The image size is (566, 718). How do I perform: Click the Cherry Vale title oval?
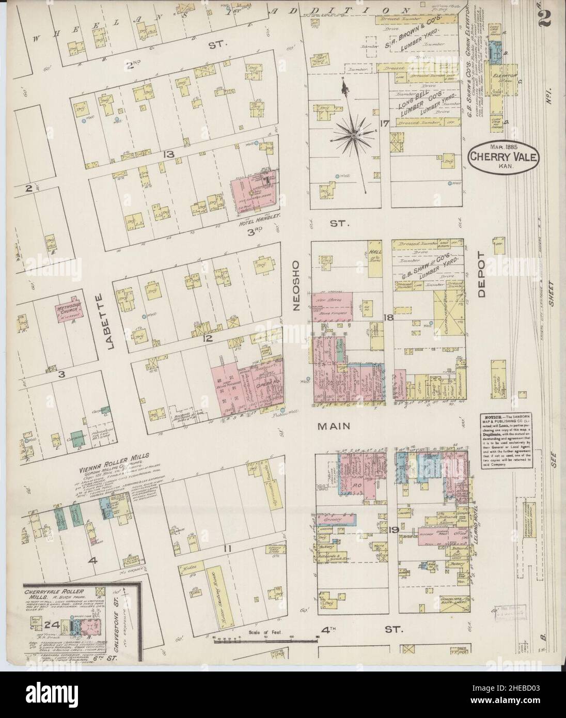pos(504,154)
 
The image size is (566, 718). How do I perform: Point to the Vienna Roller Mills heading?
pos(114,457)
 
